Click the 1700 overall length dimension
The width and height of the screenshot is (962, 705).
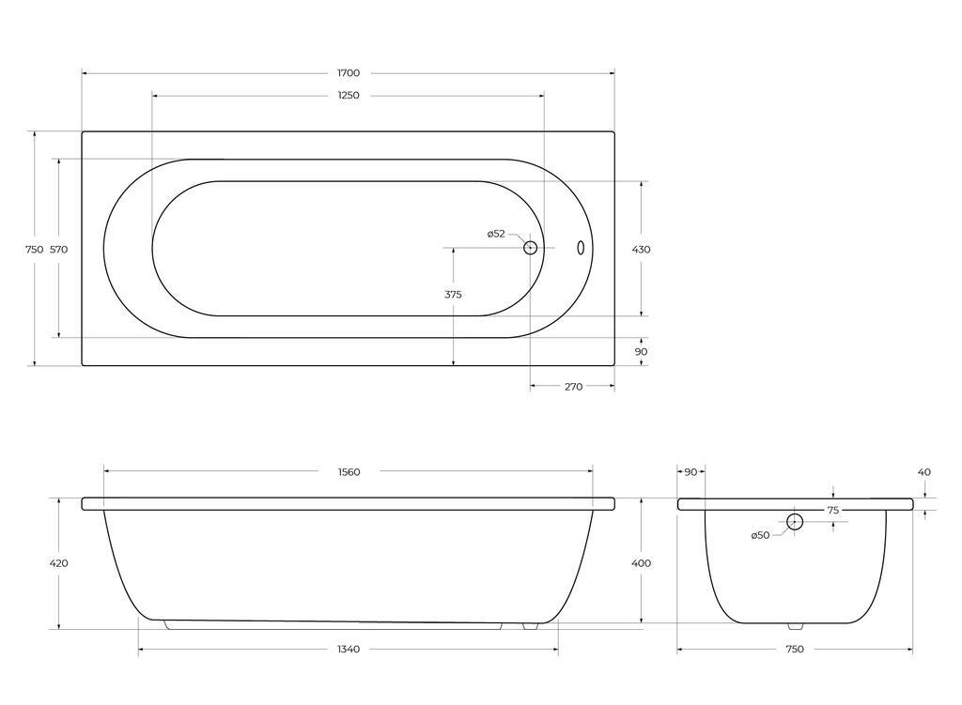pyautogui.click(x=349, y=73)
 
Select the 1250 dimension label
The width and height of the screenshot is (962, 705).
pyautogui.click(x=349, y=96)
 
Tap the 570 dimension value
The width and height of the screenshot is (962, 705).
pyautogui.click(x=58, y=250)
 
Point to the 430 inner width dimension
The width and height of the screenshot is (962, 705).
pyautogui.click(x=641, y=250)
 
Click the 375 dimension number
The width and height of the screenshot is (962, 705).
pyautogui.click(x=453, y=294)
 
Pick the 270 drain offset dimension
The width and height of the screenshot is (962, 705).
pyautogui.click(x=573, y=387)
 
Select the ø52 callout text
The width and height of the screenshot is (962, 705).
pyautogui.click(x=496, y=234)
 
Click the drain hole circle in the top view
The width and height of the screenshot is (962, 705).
pyautogui.click(x=530, y=248)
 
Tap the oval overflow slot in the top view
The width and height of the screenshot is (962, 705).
pyautogui.click(x=581, y=248)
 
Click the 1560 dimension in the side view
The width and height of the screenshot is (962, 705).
pyautogui.click(x=349, y=472)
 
